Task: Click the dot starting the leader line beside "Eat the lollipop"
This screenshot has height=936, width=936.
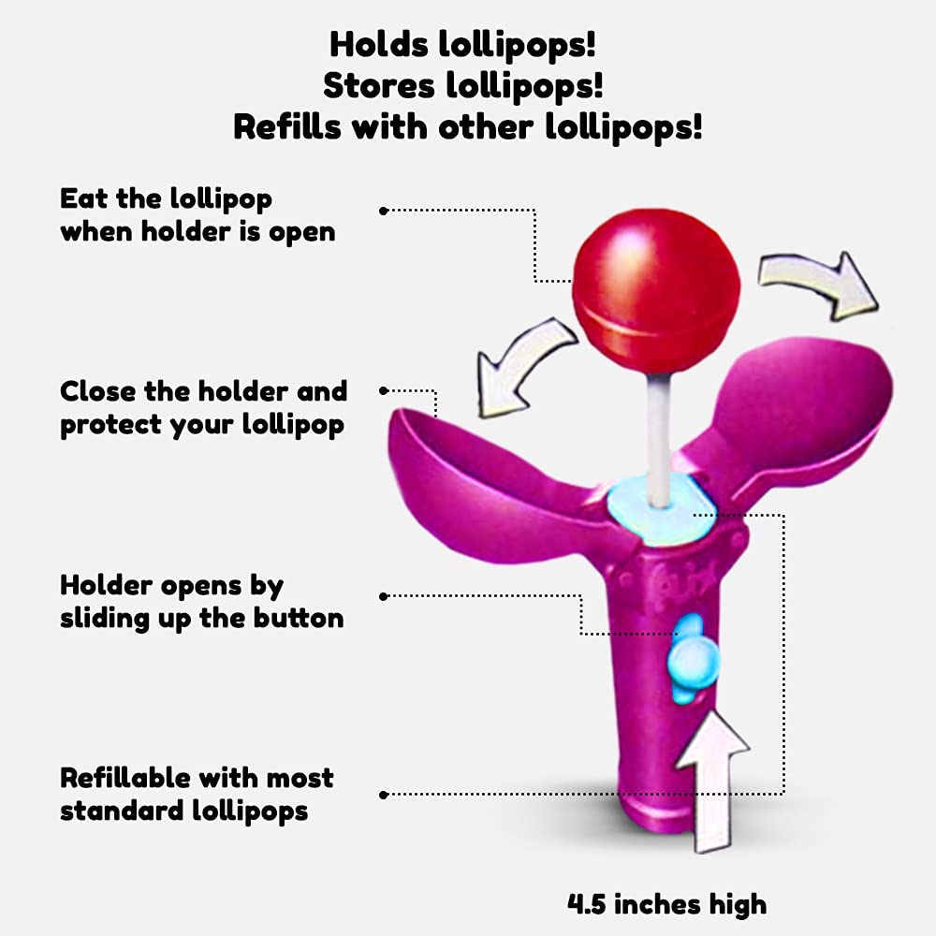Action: tap(384, 211)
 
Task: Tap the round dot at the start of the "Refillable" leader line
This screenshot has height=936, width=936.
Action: tap(384, 795)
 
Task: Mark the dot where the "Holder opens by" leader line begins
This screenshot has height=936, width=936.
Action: tap(384, 596)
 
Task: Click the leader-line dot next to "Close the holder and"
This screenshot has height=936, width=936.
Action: tap(384, 391)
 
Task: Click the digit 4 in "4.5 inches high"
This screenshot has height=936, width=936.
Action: tap(577, 904)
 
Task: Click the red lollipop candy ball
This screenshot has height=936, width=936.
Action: tap(656, 291)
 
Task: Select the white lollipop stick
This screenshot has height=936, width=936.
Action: tap(660, 439)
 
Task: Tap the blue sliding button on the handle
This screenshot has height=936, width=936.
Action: tap(692, 660)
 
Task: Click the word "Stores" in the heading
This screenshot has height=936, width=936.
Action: tap(379, 85)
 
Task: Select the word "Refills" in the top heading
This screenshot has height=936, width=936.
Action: tap(287, 126)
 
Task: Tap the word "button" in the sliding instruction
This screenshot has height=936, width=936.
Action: tap(299, 618)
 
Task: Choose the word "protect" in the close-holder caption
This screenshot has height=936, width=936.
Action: tap(111, 426)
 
